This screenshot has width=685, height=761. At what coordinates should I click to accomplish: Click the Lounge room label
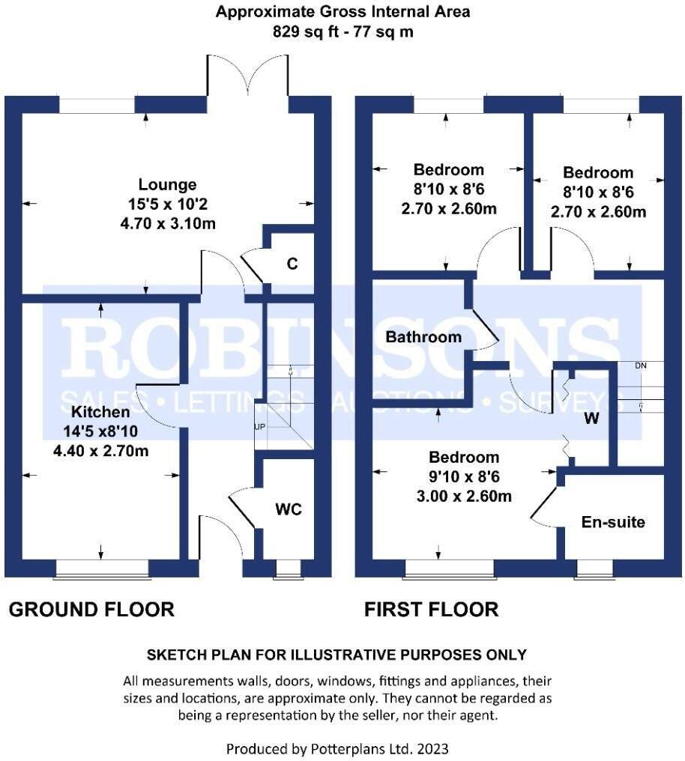point(167,184)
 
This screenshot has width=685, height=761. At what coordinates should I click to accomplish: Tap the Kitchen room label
point(100,412)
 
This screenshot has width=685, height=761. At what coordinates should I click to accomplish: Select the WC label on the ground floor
point(289,509)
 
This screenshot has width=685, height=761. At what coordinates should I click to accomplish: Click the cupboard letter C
point(293,264)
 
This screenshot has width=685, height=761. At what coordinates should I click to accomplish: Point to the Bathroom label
point(423,337)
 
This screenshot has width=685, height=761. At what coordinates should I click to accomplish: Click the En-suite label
point(613,522)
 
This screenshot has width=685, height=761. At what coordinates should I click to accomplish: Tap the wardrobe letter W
point(591,419)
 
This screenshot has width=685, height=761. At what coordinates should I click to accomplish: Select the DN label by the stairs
point(640,366)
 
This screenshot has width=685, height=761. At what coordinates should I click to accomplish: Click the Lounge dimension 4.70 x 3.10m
point(167,223)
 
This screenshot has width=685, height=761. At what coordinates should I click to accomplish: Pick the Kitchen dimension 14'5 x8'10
point(100,431)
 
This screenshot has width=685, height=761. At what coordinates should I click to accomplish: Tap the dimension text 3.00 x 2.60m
point(464,496)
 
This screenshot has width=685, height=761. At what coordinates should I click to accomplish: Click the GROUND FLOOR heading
point(91,610)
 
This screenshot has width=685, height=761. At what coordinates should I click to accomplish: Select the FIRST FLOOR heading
point(431,610)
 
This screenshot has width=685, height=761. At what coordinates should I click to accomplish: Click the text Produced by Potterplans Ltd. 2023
point(337,748)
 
